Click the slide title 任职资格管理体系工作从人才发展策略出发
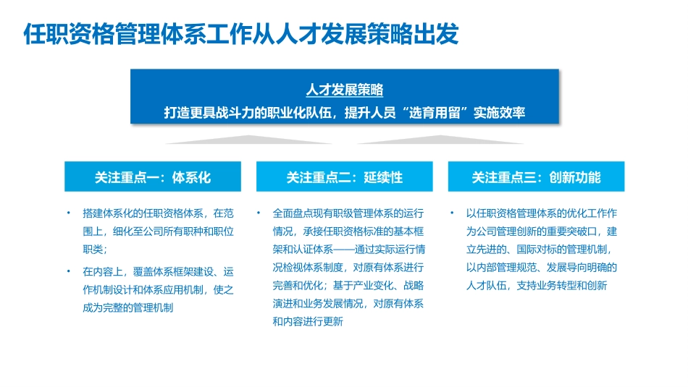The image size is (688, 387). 240,34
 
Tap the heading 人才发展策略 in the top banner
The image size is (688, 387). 344,90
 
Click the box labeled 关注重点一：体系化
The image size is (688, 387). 152,177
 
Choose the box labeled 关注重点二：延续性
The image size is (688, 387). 344,177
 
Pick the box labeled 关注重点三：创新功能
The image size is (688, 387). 536,177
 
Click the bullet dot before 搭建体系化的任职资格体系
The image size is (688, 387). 67,213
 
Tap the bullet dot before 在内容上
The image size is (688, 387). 67,271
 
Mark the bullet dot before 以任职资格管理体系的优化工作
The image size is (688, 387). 450,213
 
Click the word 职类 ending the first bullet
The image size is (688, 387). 94,250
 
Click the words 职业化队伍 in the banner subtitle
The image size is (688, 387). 295,113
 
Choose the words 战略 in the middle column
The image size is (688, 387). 413,286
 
